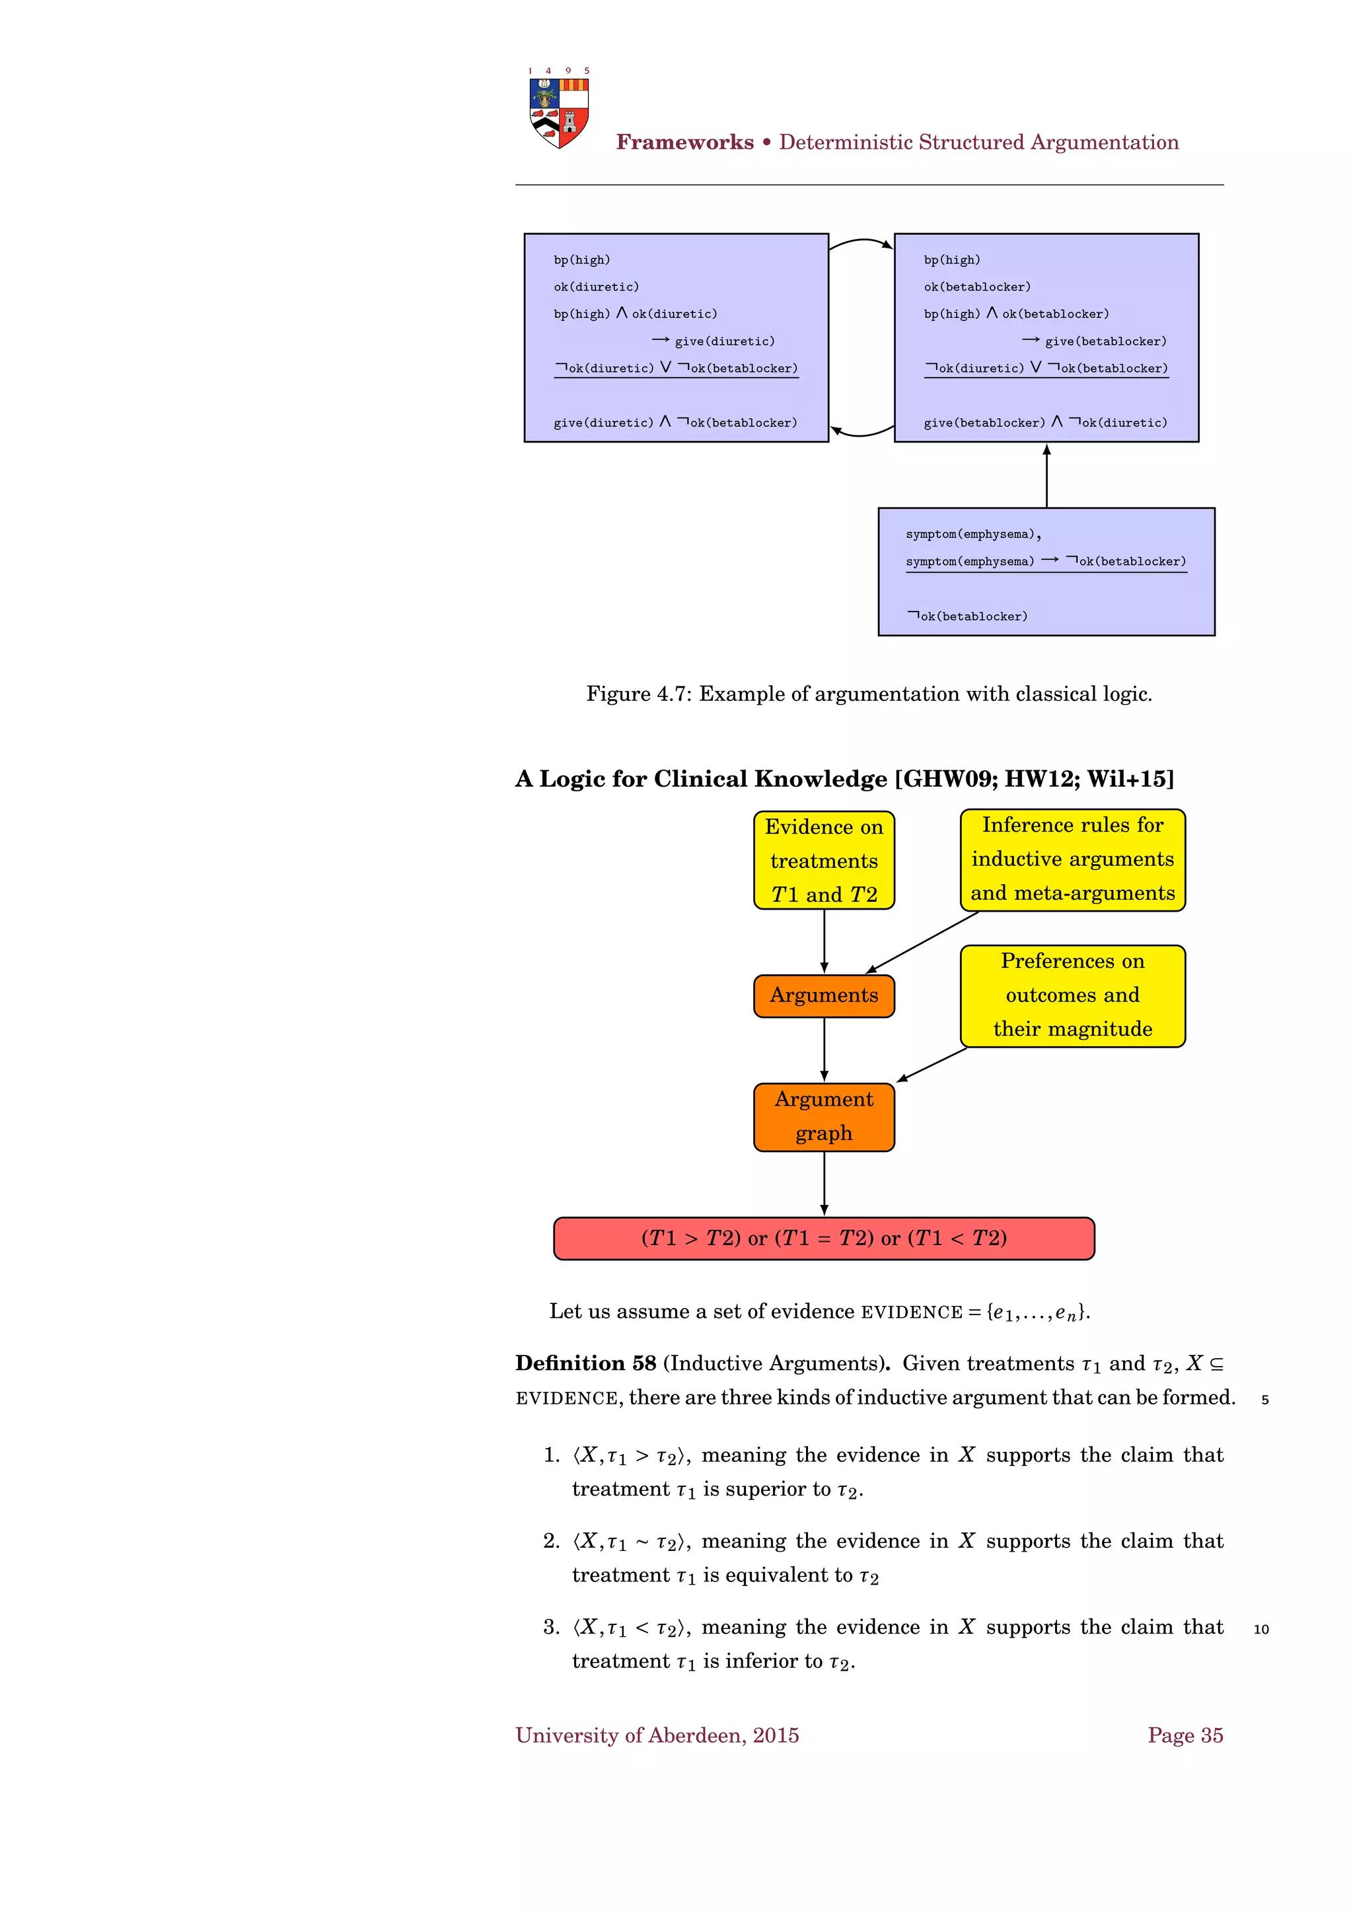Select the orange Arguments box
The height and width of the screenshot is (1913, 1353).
823,995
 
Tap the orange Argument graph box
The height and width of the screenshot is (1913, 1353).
823,1116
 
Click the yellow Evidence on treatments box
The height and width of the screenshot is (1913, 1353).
823,860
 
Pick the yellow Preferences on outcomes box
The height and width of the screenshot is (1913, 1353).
1072,995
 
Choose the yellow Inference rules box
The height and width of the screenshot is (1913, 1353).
1072,859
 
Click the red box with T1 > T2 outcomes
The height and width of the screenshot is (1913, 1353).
823,1238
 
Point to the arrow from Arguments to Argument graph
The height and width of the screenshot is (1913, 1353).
824,1050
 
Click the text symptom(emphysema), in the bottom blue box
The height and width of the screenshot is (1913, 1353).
972,534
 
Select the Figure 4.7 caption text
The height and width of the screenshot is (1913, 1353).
868,694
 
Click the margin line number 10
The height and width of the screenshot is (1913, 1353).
1261,1630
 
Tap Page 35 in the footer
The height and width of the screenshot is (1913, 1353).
1184,1735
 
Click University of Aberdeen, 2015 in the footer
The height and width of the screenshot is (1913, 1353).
657,1735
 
